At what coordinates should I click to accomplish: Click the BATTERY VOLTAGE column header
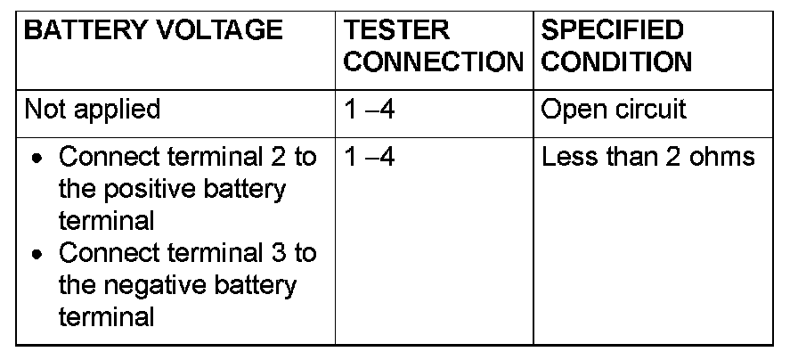[x=152, y=31]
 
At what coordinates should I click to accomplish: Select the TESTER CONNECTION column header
[x=434, y=46]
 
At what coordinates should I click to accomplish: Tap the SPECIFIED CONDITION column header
[x=617, y=46]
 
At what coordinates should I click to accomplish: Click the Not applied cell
[x=93, y=110]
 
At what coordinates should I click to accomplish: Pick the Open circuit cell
[x=615, y=110]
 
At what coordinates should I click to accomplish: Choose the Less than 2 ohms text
[x=648, y=158]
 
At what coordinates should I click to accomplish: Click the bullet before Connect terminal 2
[x=36, y=160]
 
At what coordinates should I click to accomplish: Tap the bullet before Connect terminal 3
[x=36, y=255]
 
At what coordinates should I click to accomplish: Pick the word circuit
[x=655, y=110]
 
